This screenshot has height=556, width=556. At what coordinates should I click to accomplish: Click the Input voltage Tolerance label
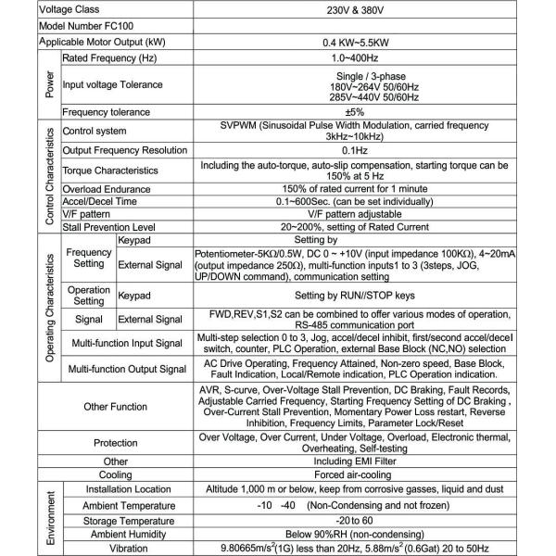[112, 85]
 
